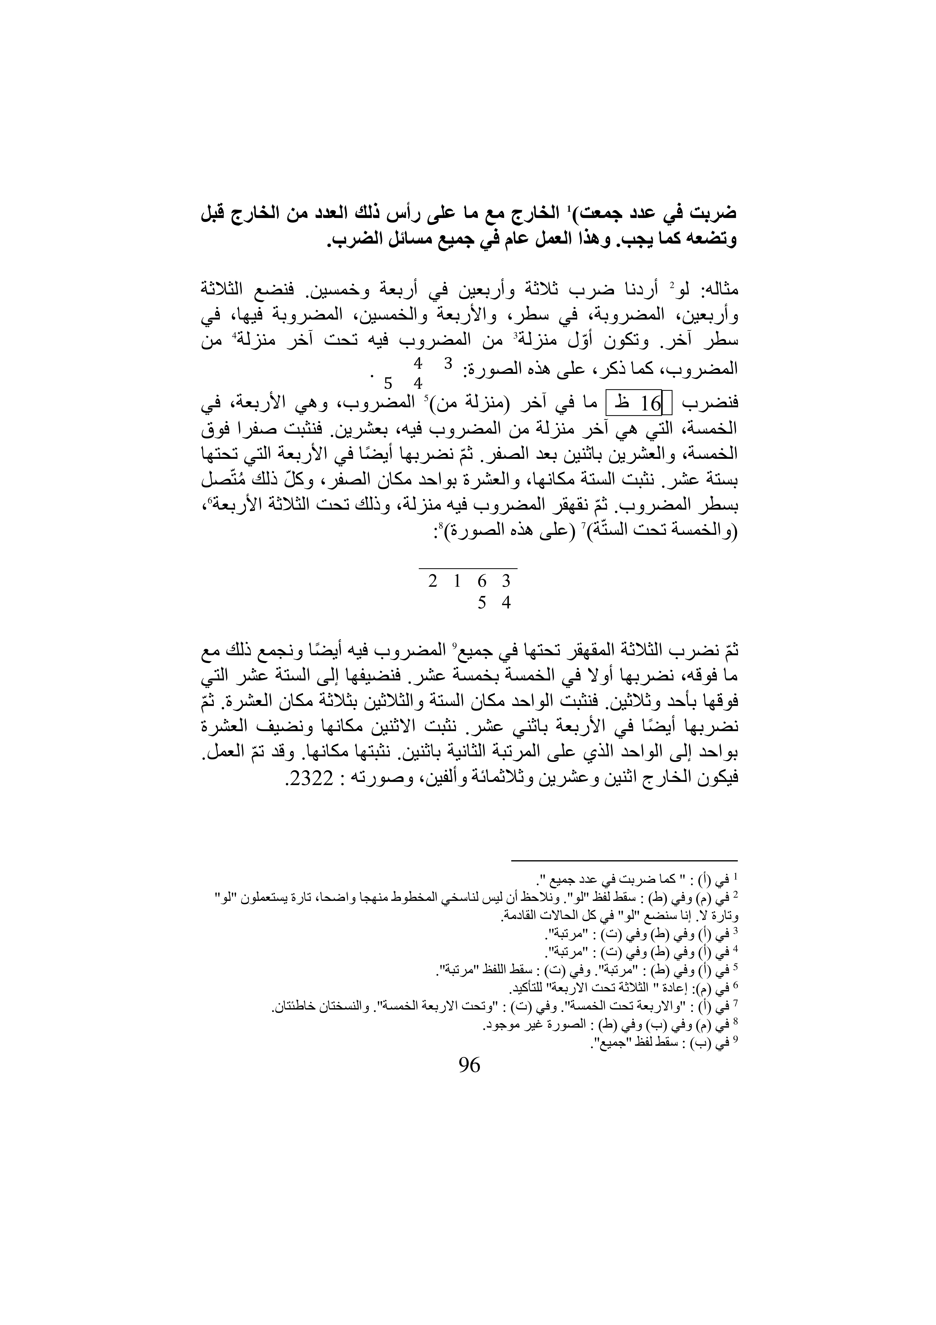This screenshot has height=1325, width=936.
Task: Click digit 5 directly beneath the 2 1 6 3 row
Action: click(x=482, y=603)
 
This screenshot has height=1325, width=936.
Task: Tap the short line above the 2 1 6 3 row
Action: click(x=468, y=568)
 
